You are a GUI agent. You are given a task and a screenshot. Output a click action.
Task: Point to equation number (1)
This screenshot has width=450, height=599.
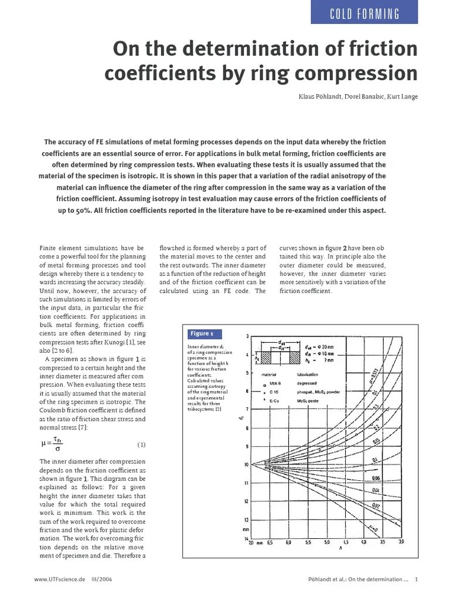pos(141,444)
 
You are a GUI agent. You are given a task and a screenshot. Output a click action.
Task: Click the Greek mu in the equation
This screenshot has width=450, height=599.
pos(43,444)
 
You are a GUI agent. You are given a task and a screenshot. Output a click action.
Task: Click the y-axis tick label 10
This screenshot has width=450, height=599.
pos(246,464)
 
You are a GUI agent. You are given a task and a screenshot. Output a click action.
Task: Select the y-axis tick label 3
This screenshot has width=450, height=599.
pos(247,336)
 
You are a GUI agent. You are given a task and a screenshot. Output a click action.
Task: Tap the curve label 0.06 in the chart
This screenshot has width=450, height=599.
pos(376,478)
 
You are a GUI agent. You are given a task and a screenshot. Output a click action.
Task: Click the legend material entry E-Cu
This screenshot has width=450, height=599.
pos(274,401)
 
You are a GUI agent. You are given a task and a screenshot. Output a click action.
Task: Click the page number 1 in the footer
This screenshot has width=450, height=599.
pos(416,580)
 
